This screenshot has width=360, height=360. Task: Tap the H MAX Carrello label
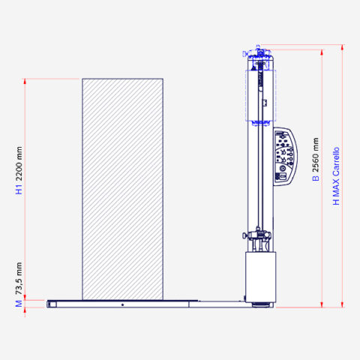pyautogui.click(x=337, y=176)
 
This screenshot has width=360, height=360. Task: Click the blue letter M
pyautogui.click(x=19, y=303)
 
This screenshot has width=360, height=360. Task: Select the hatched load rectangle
pyautogui.click(x=122, y=187)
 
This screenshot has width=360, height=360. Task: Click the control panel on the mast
pyautogui.click(x=288, y=157)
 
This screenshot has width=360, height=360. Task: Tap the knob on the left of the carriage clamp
pyautogui.click(x=244, y=237)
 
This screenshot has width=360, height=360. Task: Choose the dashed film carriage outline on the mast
pyautogui.click(x=260, y=94)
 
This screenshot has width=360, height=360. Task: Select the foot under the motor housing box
pyautogui.click(x=260, y=303)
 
